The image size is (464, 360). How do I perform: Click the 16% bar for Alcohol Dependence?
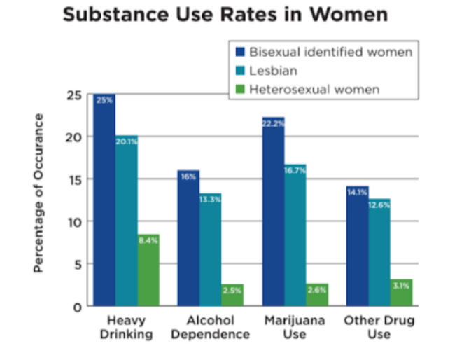click(188, 238)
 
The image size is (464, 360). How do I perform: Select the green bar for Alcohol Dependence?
click(232, 295)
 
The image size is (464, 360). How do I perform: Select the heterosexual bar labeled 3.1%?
click(400, 293)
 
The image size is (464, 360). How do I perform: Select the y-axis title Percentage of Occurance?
click(39, 193)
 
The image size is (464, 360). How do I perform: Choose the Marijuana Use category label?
click(295, 327)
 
